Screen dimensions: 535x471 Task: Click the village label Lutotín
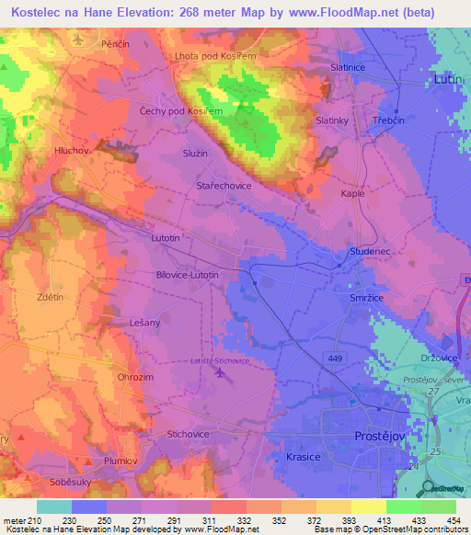(167, 237)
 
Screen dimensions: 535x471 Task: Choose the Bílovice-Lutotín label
(187, 274)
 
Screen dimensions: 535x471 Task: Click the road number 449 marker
(332, 354)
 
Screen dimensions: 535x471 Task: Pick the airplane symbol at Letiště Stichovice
(218, 373)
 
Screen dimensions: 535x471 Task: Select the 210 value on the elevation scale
(35, 520)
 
